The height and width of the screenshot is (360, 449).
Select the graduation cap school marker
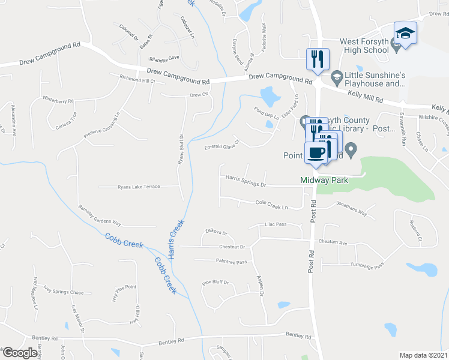405,33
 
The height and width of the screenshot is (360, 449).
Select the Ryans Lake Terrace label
139,187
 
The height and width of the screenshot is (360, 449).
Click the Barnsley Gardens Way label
100,215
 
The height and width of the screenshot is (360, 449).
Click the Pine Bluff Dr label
215,283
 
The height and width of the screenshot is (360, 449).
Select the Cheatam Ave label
334,243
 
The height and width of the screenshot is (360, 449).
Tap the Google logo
20,353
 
